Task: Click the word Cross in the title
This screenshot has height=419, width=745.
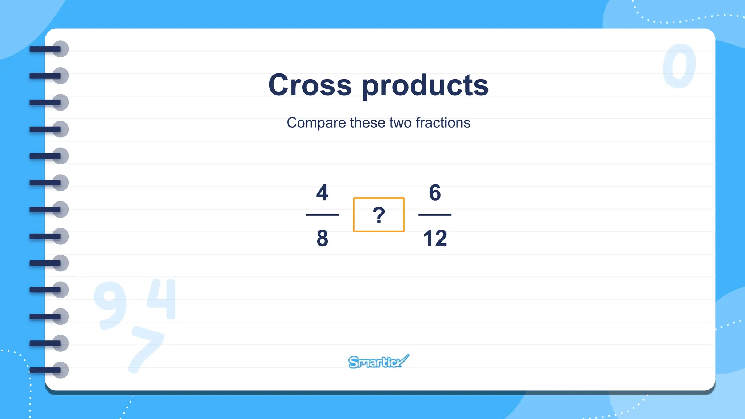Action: pyautogui.click(x=310, y=85)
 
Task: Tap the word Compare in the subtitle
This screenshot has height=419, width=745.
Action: pyautogui.click(x=316, y=123)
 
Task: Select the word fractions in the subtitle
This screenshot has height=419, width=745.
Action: pyautogui.click(x=443, y=123)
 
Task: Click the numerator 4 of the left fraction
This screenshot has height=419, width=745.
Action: pyautogui.click(x=322, y=192)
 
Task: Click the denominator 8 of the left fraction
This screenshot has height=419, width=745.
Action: pyautogui.click(x=322, y=238)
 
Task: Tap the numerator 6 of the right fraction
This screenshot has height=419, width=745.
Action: pyautogui.click(x=435, y=192)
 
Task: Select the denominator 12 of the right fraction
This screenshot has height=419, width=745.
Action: pyautogui.click(x=435, y=238)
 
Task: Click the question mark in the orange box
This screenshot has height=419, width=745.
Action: pyautogui.click(x=379, y=215)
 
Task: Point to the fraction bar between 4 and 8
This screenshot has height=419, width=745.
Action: pyautogui.click(x=322, y=215)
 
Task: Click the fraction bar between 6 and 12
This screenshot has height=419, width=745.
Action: pyautogui.click(x=435, y=215)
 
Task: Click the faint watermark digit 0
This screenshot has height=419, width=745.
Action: pyautogui.click(x=679, y=66)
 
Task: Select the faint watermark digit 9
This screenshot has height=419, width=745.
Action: pyautogui.click(x=110, y=305)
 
